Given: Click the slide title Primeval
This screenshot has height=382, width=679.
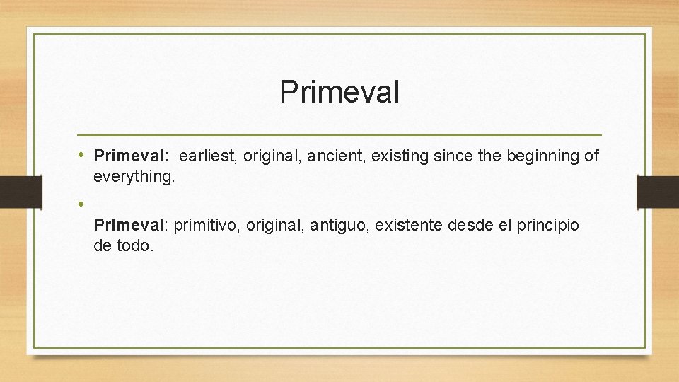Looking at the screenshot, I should click(339, 92).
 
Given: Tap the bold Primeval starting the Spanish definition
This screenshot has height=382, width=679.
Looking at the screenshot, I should click(129, 226).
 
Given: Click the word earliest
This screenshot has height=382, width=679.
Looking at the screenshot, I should click(209, 156).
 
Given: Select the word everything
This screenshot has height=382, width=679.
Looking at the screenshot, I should click(133, 176).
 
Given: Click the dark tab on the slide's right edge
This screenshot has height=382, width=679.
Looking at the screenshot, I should click(658, 192).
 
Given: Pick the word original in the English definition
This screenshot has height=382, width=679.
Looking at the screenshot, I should click(271, 156).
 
